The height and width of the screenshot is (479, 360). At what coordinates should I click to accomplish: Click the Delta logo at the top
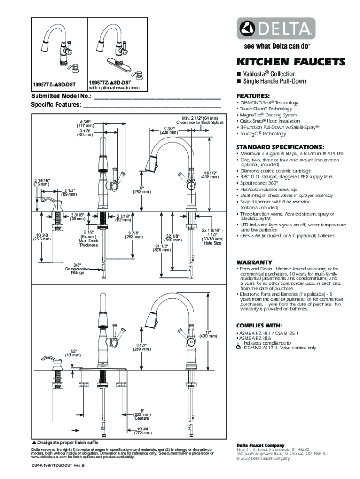tap(275, 29)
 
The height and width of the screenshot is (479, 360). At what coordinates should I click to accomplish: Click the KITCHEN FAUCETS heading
tap(290, 62)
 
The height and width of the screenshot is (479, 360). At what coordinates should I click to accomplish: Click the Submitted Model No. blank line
tap(157, 99)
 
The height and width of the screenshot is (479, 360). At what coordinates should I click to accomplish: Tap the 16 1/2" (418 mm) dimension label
tap(210, 174)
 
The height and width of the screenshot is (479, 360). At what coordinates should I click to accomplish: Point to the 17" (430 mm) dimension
tap(209, 334)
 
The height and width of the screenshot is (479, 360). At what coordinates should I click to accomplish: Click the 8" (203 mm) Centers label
tap(142, 414)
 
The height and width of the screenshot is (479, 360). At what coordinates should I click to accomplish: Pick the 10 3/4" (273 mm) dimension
tap(144, 430)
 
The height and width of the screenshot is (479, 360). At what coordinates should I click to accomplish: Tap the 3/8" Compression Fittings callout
tap(77, 269)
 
